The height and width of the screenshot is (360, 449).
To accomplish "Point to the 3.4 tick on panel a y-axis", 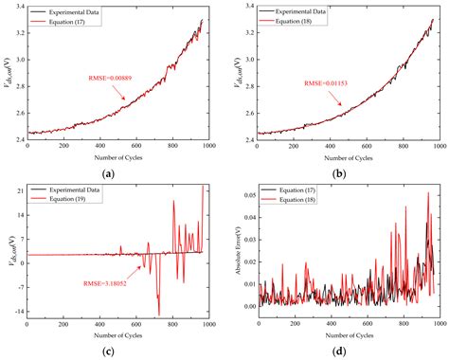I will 16,7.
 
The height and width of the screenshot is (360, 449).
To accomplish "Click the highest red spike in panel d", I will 428,193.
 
